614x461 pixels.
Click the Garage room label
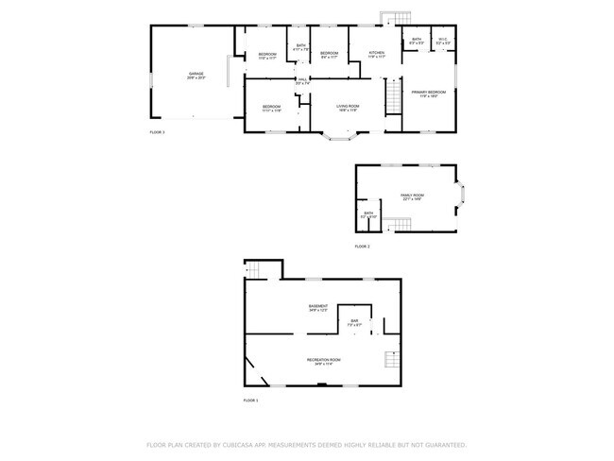[196, 75]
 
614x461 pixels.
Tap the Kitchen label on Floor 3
[376, 53]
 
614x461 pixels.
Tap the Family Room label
[413, 196]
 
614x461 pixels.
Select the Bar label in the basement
[355, 322]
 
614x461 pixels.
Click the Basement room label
[318, 307]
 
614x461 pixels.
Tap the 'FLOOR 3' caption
[157, 132]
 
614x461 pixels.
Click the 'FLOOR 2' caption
[362, 246]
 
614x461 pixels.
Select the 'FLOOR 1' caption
[250, 401]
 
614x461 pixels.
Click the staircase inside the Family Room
[402, 224]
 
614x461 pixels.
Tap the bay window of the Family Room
[462, 196]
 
